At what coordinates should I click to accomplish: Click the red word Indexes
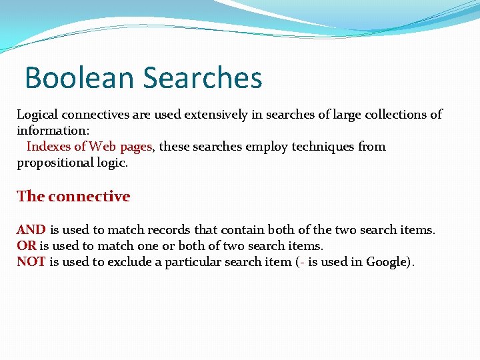point(47,147)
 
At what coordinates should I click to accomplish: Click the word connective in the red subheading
point(89,197)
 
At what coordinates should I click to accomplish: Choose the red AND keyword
point(31,230)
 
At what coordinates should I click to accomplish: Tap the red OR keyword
point(27,246)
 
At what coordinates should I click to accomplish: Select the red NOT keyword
point(31,262)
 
